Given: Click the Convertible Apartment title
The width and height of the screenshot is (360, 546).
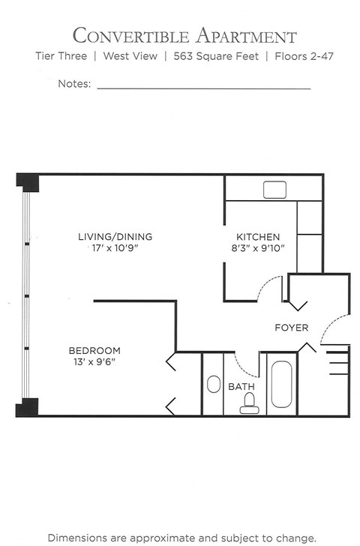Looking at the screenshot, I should click(184, 35).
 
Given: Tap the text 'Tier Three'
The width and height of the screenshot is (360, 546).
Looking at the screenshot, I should click(61, 56).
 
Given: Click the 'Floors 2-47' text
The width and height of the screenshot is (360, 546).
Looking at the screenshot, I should click(305, 56).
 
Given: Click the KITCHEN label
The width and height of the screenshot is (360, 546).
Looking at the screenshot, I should click(258, 236).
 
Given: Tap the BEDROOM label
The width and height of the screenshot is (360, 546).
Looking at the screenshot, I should click(94, 350).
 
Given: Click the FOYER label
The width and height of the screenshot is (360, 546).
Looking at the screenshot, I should click(291, 328).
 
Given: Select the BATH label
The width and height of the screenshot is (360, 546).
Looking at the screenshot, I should click(241, 387).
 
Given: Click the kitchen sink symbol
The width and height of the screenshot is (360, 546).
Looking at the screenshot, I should click(271, 190).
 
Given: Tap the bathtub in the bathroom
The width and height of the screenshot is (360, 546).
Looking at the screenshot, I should click(282, 385).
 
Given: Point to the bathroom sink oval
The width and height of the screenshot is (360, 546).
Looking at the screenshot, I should click(213, 385).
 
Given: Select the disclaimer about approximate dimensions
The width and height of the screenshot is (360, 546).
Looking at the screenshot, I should click(181, 538).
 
